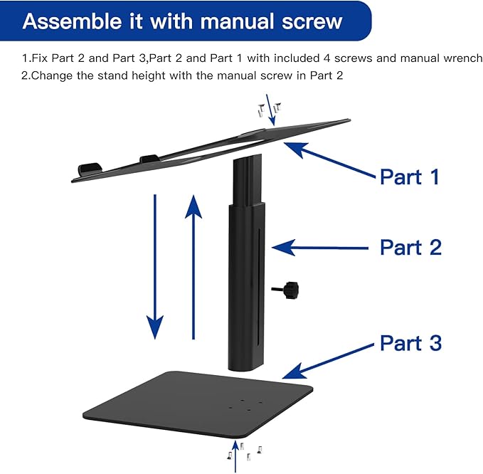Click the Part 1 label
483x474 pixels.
[410, 176]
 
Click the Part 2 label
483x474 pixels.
[410, 247]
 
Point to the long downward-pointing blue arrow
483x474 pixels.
[152, 263]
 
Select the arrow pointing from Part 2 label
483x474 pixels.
[320, 248]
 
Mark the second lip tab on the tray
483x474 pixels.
[149, 159]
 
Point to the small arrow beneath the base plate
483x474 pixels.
[236, 455]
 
